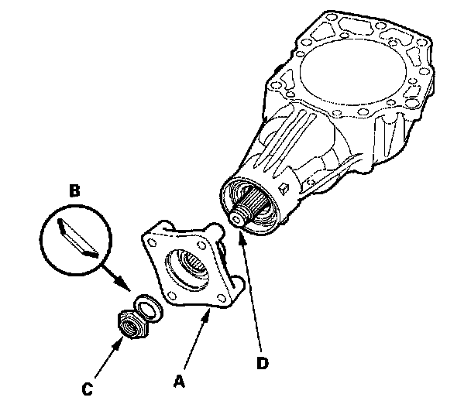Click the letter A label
[x=178, y=382]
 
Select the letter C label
[x=89, y=390]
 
